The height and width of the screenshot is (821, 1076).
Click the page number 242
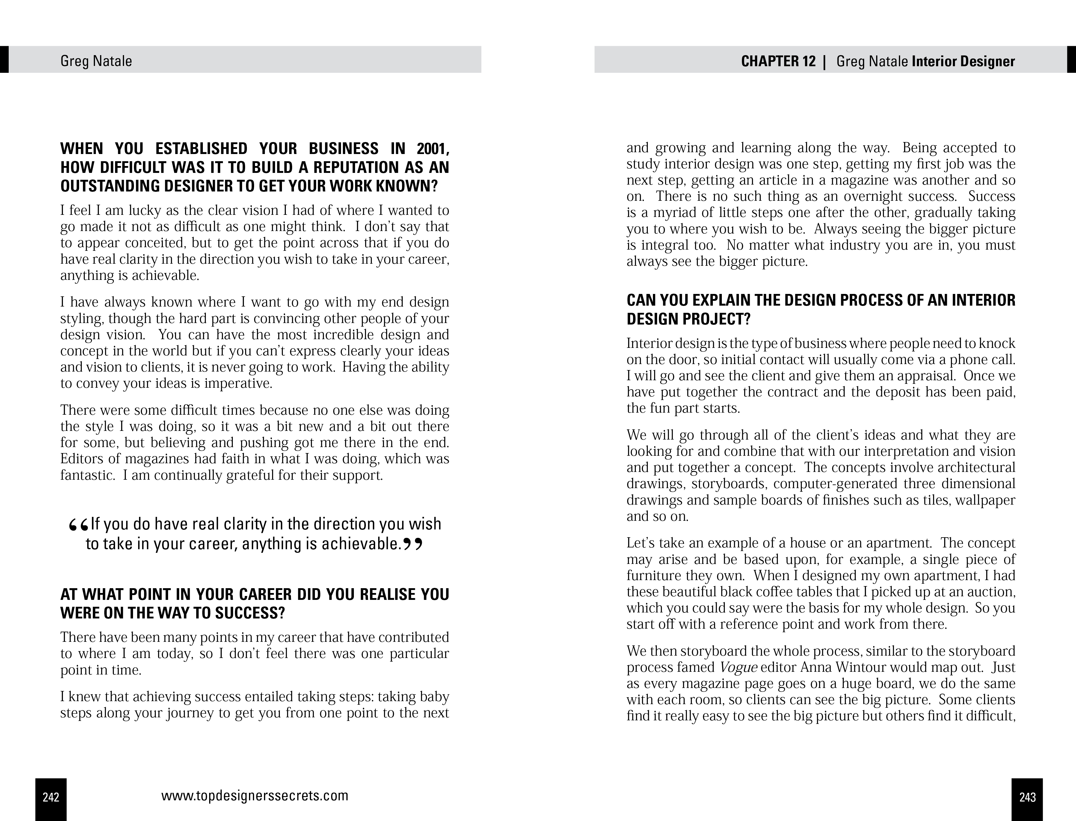[51, 797]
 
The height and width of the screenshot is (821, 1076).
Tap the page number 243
[1027, 797]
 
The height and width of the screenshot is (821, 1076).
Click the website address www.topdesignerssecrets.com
[255, 796]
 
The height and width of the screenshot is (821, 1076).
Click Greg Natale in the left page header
[96, 61]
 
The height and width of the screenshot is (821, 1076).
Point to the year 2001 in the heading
[432, 149]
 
